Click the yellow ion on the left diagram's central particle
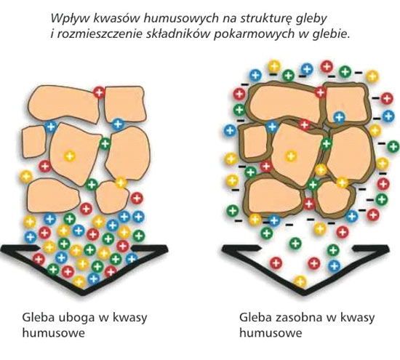coord(70,156)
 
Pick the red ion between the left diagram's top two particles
coord(99,92)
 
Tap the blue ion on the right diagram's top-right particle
coord(340,118)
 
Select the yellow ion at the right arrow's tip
coord(300,282)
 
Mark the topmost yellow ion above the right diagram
coord(273,66)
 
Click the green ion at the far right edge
coord(393,147)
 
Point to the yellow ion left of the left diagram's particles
coord(26,177)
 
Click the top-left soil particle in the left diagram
coord(64,103)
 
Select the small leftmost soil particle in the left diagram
coord(33,142)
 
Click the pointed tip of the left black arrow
coord(82,294)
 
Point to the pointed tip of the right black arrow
coord(303,294)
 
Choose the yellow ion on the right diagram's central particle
coord(291,156)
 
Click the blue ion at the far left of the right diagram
coord(230,130)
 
